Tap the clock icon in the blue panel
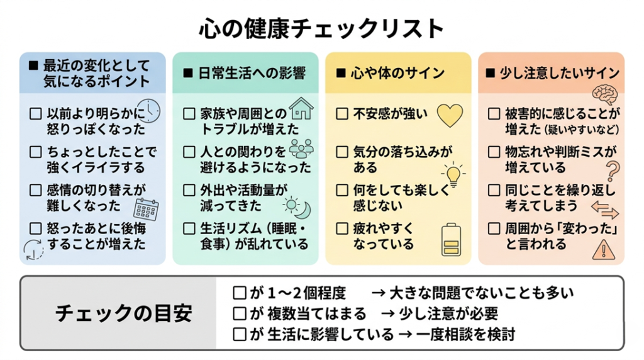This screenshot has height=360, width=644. [x=149, y=111]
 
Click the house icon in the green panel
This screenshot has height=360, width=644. [x=301, y=108]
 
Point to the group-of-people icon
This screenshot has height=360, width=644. [x=301, y=148]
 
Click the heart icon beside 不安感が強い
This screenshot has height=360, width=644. [x=449, y=115]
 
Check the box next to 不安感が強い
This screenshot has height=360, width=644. [x=342, y=114]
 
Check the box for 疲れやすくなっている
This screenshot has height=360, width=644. [x=342, y=228]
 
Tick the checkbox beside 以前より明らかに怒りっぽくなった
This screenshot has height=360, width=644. [x=36, y=114]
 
